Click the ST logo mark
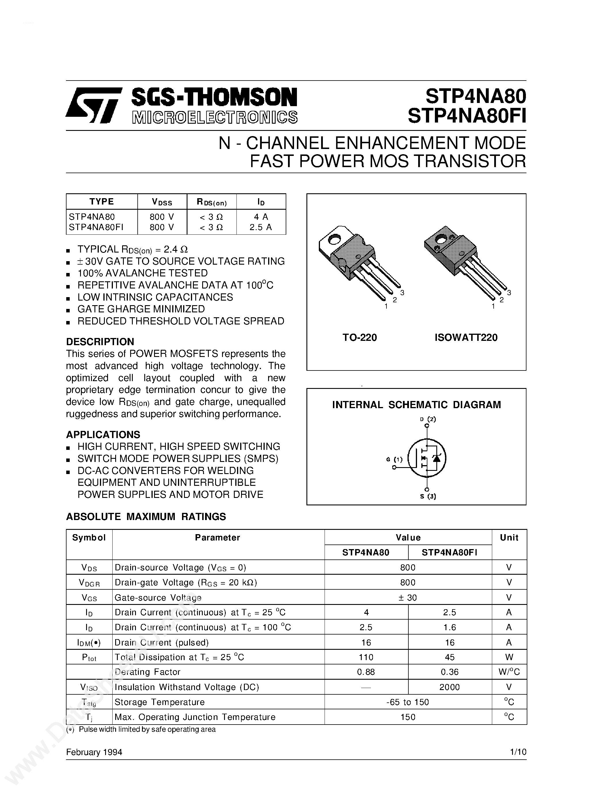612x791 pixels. click(x=94, y=105)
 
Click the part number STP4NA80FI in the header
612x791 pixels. click(x=467, y=116)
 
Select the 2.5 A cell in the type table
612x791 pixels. click(x=261, y=227)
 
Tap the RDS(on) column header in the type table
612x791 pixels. click(x=211, y=202)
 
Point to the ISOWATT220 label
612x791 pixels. click(x=466, y=338)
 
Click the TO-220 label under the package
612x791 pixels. click(x=360, y=338)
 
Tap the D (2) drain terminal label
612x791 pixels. click(x=428, y=419)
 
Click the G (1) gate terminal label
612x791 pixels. click(x=394, y=460)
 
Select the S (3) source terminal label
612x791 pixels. click(x=428, y=496)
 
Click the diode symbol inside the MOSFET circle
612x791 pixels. click(x=437, y=458)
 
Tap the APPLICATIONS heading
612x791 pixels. click(x=103, y=434)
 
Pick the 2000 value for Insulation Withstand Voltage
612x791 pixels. click(x=449, y=687)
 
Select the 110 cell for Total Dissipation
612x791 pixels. click(x=366, y=657)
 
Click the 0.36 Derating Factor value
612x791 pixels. click(x=450, y=672)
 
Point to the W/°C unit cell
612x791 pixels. click(x=509, y=672)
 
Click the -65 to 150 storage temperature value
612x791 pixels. click(x=408, y=702)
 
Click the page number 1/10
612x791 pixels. click(x=518, y=752)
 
